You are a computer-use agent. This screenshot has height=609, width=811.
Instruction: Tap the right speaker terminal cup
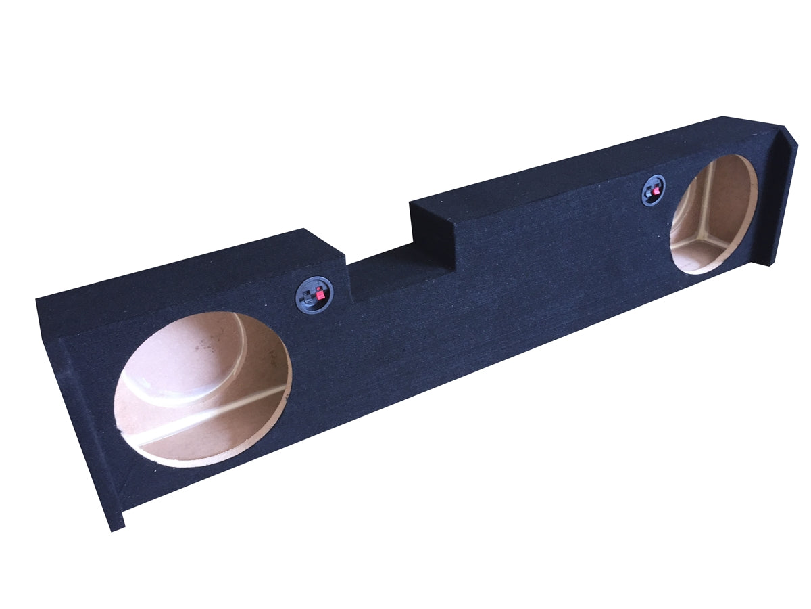(654, 189)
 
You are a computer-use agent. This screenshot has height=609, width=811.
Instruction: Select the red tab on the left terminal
(320, 294)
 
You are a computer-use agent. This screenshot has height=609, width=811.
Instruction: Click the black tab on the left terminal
(310, 298)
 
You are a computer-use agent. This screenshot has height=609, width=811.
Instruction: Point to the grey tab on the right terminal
(649, 192)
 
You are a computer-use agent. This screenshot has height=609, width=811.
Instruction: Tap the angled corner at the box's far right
(787, 145)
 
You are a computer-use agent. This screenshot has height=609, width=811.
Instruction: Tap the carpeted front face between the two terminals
(487, 284)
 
